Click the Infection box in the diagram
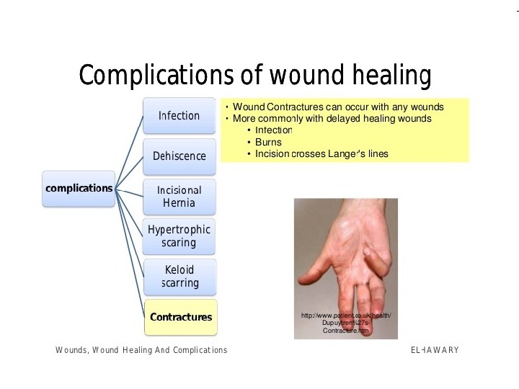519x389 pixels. click(x=179, y=116)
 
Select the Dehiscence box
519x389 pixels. click(x=179, y=156)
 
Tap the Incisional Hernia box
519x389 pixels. click(x=179, y=196)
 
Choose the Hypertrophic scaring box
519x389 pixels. click(x=179, y=236)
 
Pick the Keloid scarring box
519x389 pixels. click(x=179, y=277)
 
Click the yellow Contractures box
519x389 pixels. click(x=180, y=317)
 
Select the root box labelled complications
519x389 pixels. click(x=79, y=189)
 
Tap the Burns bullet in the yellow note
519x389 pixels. click(x=268, y=143)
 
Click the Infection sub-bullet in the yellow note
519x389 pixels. click(x=273, y=130)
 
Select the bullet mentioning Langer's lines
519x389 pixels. click(x=321, y=154)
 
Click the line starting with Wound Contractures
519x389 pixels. click(x=338, y=107)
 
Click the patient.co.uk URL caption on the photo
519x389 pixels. click(x=346, y=323)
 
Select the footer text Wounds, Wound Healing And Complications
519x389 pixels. click(x=141, y=350)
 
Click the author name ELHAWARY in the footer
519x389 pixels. click(x=434, y=350)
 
